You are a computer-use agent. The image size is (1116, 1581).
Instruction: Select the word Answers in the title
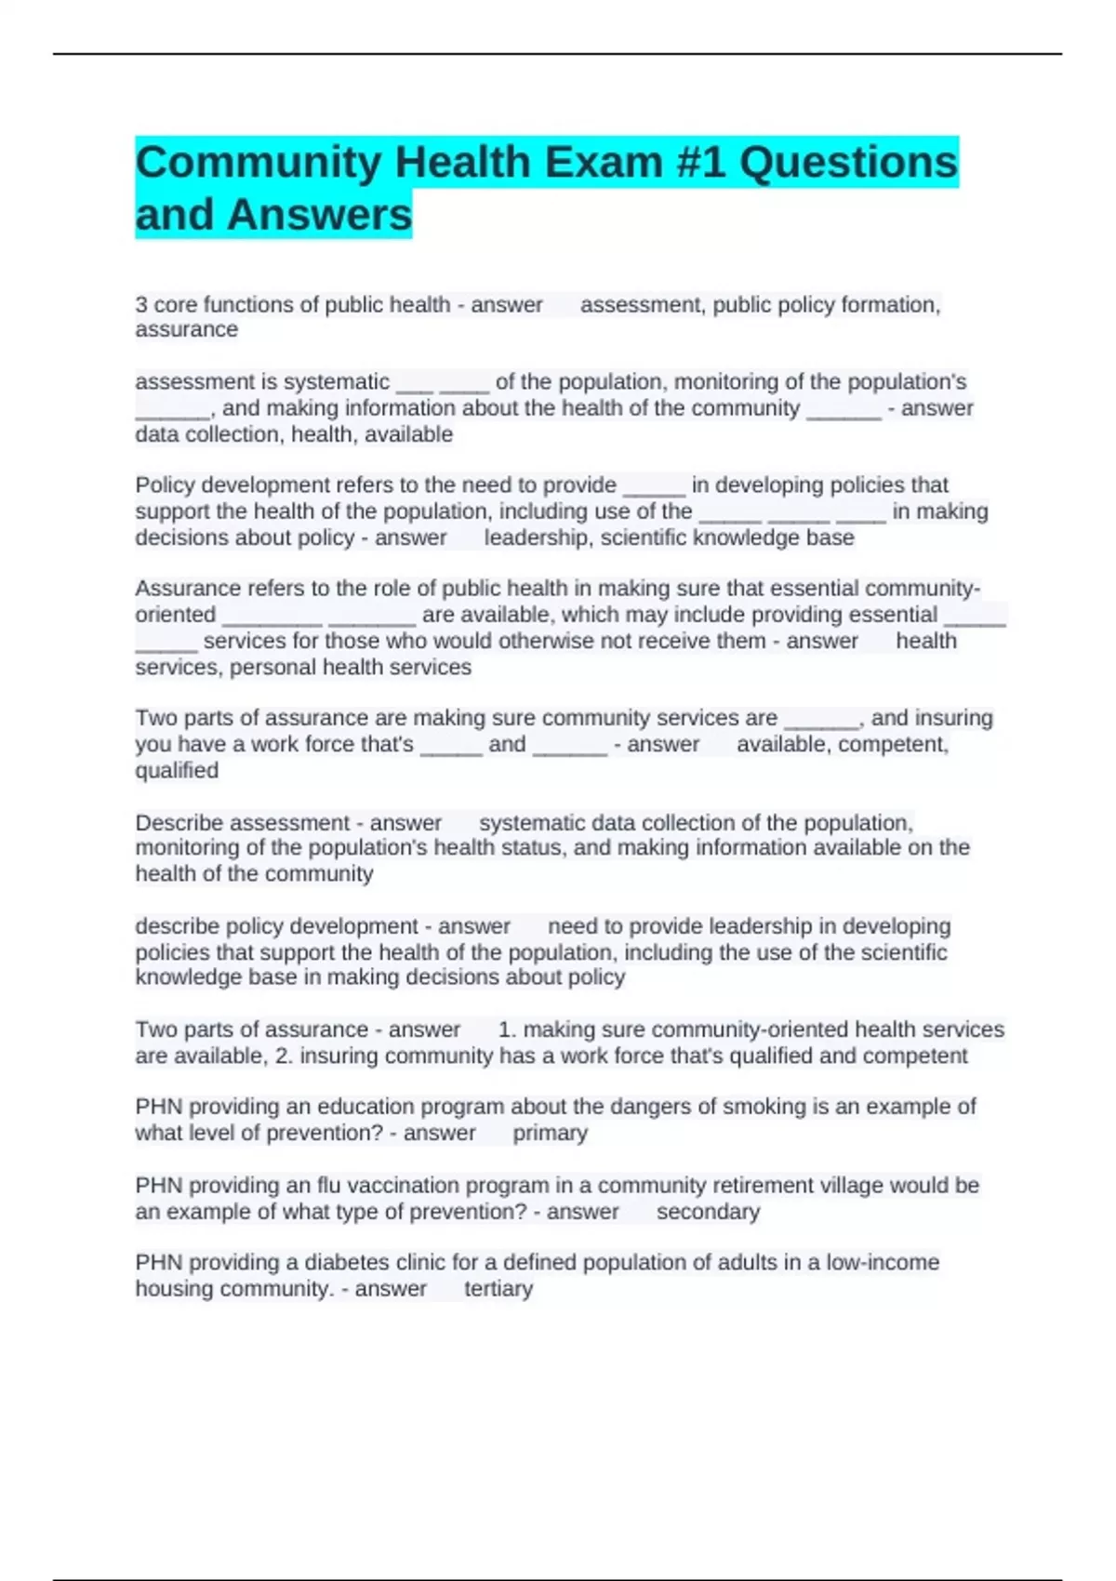click(319, 215)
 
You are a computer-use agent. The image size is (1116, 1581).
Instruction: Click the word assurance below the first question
click(186, 330)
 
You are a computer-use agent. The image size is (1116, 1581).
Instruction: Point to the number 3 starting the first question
click(140, 305)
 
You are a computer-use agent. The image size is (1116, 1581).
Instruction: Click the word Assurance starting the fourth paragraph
click(182, 589)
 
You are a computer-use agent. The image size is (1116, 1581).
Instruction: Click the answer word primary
click(550, 1133)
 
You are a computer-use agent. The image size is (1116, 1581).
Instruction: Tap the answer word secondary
click(708, 1212)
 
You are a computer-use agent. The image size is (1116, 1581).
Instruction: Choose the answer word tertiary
click(498, 1289)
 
